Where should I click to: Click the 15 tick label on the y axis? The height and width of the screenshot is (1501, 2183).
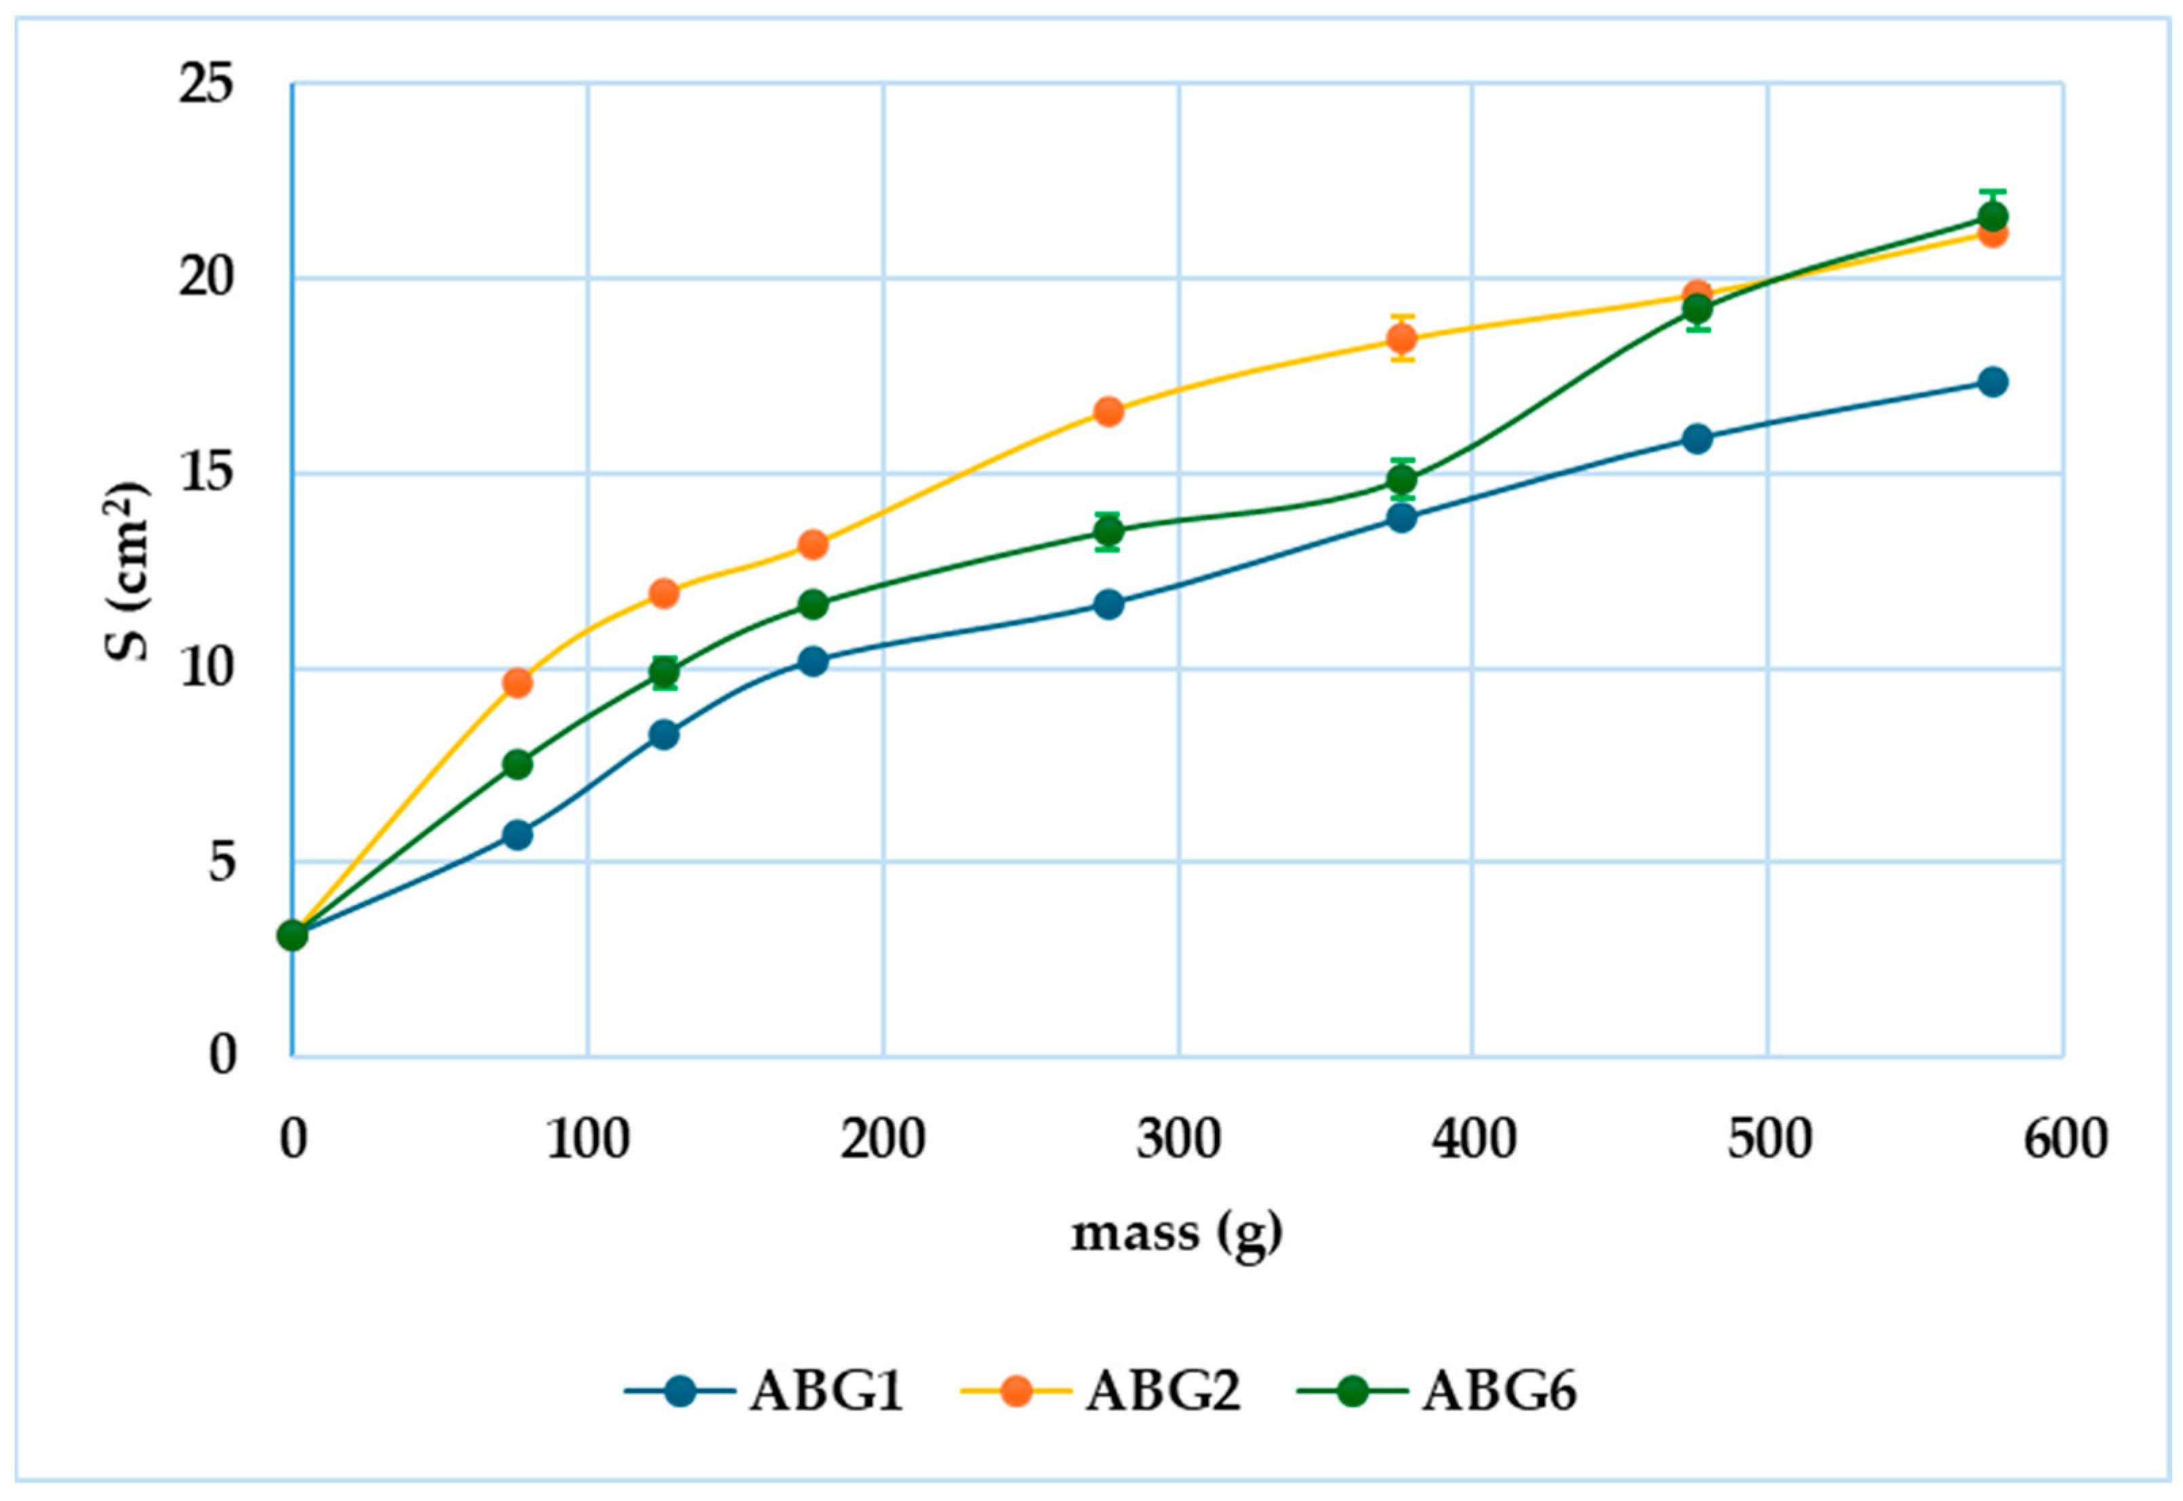(207, 473)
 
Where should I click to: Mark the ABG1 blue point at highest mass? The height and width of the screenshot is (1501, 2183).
(1992, 382)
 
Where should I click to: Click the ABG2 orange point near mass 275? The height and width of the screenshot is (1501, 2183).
(1109, 411)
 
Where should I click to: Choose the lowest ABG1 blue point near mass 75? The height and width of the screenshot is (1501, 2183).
(517, 834)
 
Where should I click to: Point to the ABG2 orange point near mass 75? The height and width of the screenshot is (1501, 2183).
(517, 683)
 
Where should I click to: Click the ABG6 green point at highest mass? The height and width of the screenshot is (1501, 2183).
(1992, 216)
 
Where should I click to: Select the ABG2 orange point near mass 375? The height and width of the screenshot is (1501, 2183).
(1403, 338)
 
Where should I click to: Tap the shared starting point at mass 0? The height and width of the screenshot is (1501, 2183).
(292, 936)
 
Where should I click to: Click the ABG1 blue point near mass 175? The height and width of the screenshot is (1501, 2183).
(813, 661)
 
